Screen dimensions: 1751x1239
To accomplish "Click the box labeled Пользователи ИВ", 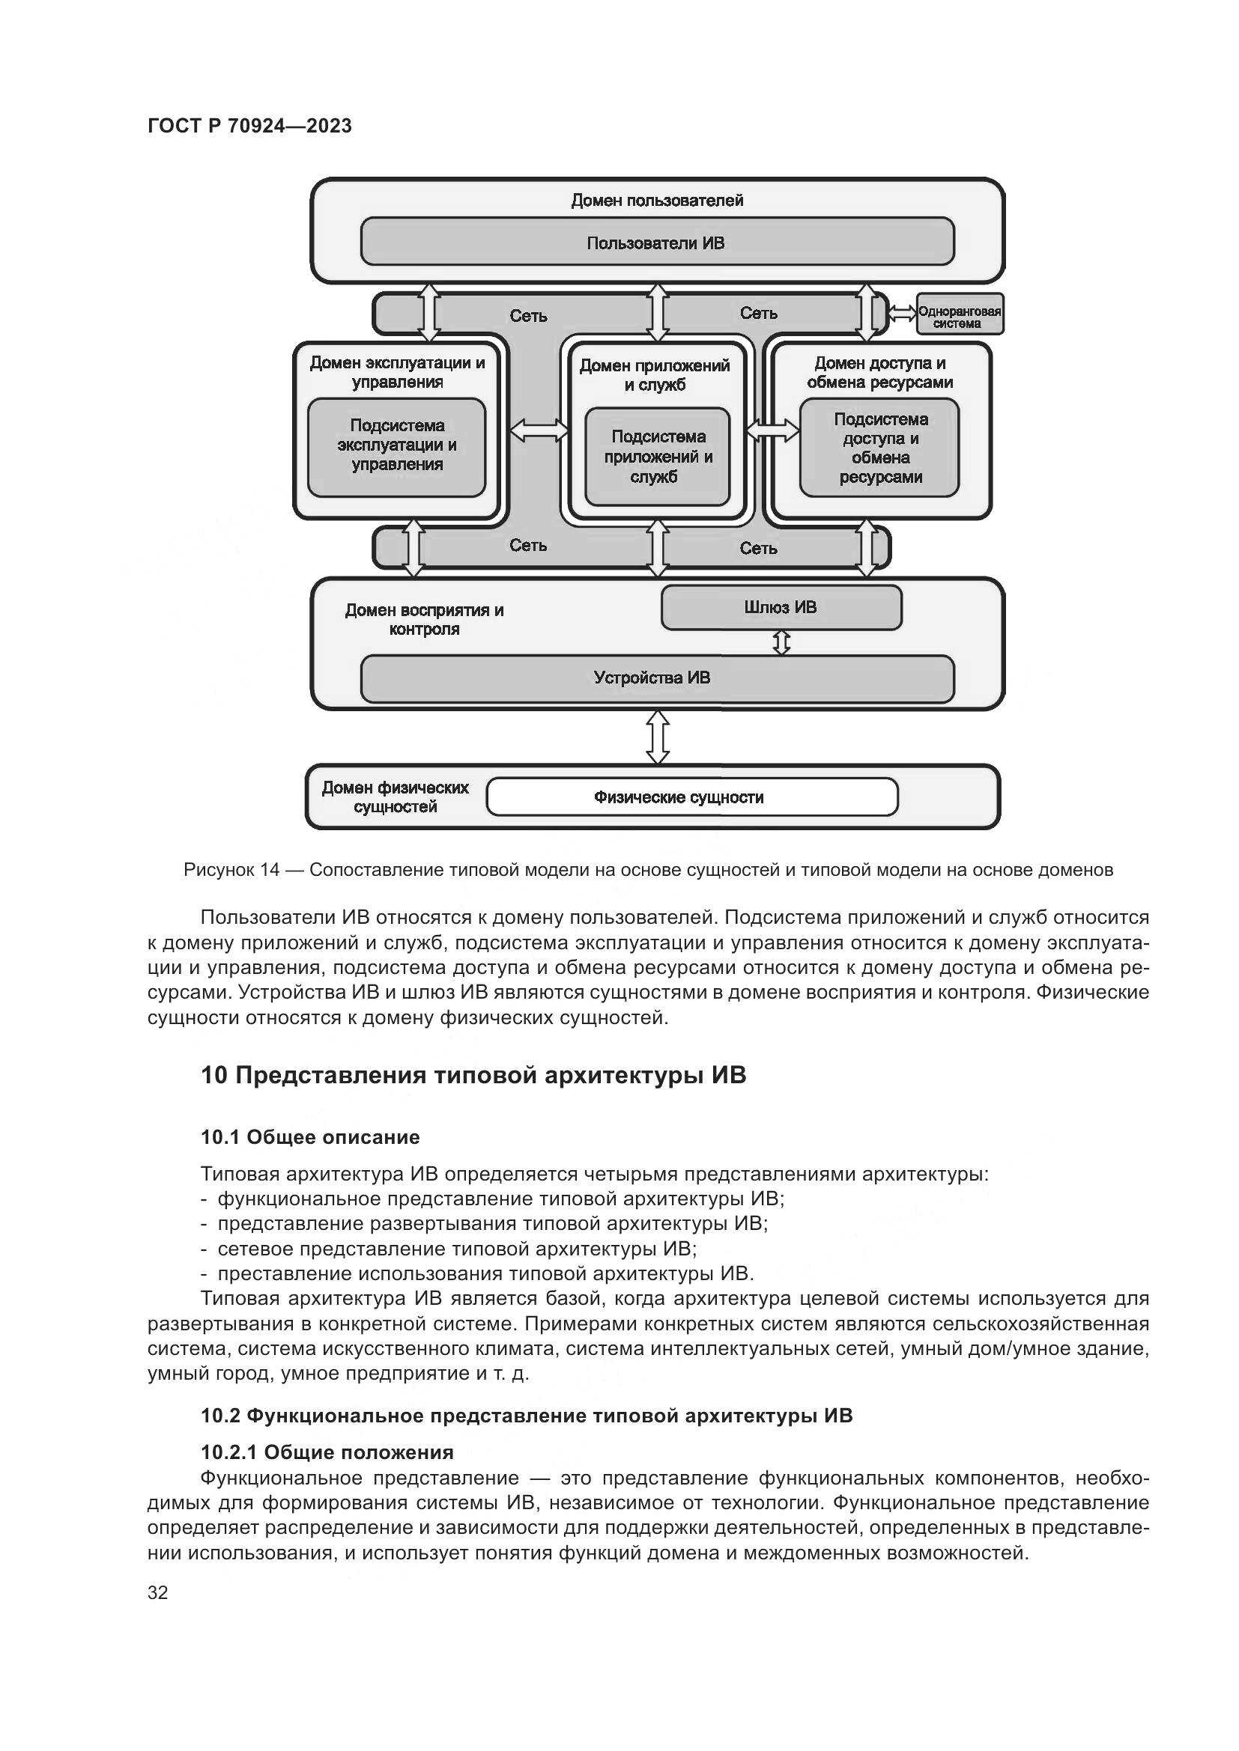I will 657,243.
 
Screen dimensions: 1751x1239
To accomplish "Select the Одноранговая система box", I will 960,314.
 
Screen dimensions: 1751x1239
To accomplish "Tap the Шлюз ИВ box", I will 781,608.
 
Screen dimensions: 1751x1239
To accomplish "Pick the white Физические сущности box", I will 691,797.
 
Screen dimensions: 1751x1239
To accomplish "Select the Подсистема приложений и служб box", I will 658,457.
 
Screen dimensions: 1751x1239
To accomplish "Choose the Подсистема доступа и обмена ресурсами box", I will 879,448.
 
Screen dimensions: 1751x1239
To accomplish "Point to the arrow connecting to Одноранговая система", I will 903,313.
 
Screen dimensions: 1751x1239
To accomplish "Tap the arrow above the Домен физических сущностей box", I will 658,737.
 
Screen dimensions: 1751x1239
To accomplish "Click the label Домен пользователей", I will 657,201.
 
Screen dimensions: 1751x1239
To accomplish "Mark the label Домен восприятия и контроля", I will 424,619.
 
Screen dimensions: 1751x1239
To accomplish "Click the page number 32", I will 158,1593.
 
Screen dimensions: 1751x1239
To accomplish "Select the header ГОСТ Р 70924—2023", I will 249,126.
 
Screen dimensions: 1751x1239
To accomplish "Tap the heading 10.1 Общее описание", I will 310,1137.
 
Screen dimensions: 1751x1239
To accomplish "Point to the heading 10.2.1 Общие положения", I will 327,1452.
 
